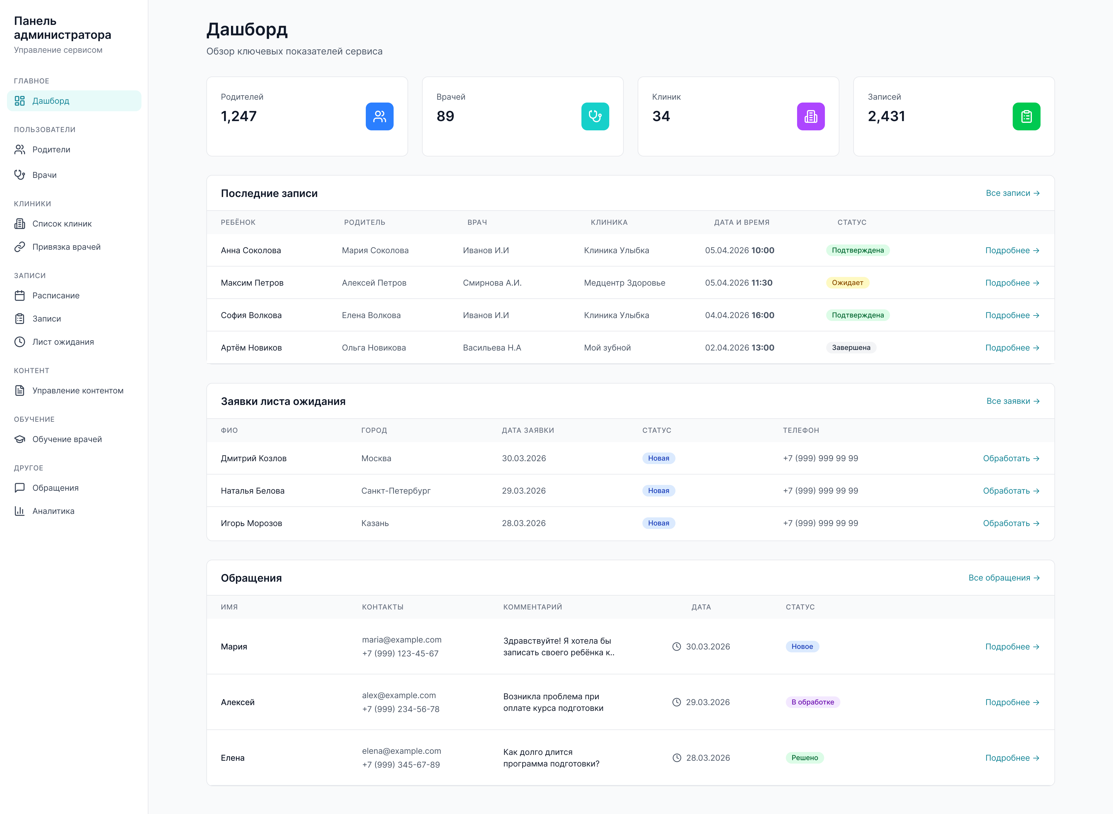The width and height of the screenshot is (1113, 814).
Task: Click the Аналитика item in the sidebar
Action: click(x=53, y=511)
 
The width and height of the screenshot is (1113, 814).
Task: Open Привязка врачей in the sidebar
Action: click(x=66, y=247)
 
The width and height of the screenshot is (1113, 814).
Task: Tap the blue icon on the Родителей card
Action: click(x=379, y=116)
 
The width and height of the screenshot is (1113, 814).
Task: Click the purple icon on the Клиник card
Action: click(x=811, y=116)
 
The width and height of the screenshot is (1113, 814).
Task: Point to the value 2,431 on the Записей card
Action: click(x=886, y=116)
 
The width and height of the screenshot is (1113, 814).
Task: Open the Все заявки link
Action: click(x=1013, y=401)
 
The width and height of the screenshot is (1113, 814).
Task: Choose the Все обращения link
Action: click(x=1004, y=578)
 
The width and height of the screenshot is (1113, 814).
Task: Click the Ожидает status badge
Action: click(x=847, y=283)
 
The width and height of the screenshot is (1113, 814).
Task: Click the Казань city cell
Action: click(x=375, y=523)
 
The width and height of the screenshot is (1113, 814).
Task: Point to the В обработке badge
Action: click(x=813, y=702)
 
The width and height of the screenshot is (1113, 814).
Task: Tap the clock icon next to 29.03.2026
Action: click(x=677, y=702)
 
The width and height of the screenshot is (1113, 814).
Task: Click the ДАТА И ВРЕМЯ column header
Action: click(x=742, y=222)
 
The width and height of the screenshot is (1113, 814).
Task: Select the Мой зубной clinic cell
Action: click(x=607, y=348)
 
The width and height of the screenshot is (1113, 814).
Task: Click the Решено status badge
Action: click(x=804, y=758)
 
